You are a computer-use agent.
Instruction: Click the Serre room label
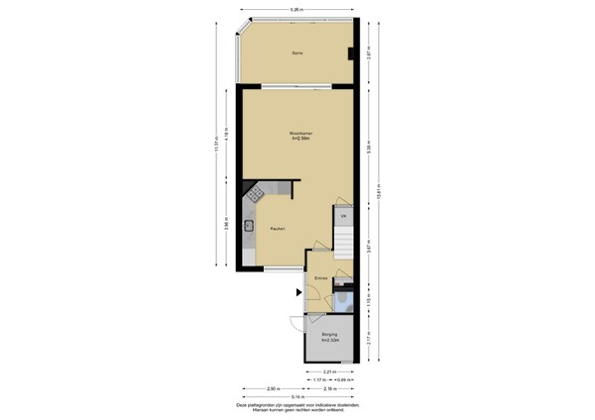pos(297,52)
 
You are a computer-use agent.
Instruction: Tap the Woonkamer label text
pos(297,133)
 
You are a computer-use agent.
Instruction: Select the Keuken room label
pos(278,229)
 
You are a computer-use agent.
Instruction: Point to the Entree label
pos(321,278)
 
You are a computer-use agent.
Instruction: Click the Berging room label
pos(329,335)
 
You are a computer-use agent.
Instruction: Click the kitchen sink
pos(250,226)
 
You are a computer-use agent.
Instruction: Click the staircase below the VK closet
pos(344,243)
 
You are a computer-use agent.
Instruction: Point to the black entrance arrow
pos(297,291)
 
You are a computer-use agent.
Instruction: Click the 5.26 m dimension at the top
pos(297,10)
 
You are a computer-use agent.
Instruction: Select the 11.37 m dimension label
pos(215,146)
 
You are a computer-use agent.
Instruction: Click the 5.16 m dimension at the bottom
pos(297,396)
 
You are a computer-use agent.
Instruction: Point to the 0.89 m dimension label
pos(342,380)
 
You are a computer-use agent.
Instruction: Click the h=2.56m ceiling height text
pos(297,139)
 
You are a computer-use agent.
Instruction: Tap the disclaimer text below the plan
pos(297,408)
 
